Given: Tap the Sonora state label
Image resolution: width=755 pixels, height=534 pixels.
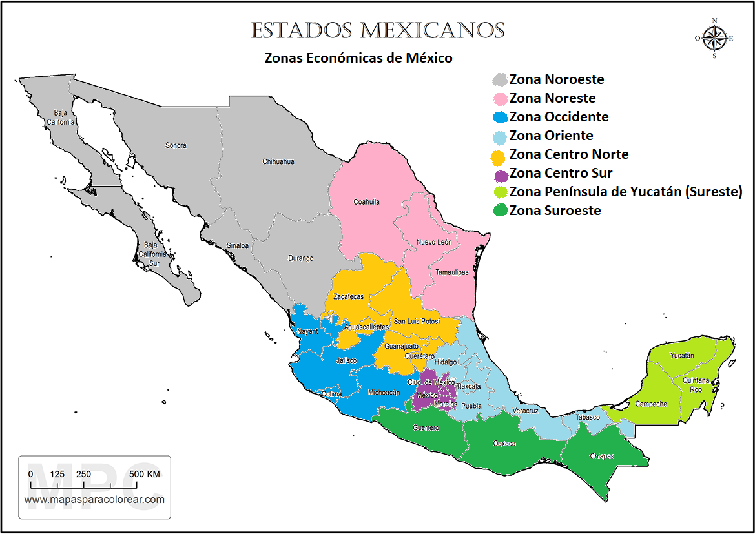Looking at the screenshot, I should tap(176, 145).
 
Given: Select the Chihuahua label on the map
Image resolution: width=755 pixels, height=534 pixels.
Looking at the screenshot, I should tap(278, 161).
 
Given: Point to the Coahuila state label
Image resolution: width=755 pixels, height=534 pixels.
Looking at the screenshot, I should tap(366, 202).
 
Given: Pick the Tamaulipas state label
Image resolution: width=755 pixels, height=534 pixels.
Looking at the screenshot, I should tap(451, 272).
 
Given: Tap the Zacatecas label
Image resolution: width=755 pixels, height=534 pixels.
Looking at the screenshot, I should tap(348, 297).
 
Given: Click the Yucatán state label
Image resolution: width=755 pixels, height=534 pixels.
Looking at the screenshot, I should tap(681, 356).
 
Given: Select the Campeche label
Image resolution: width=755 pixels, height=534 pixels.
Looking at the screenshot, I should tap(650, 404).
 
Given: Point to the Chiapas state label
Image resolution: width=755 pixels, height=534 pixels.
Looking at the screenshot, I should tap(601, 457).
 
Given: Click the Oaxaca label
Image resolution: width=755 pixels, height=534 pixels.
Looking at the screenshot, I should tap(504, 444).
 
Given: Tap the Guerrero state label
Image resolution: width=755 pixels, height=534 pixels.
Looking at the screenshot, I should tap(426, 427).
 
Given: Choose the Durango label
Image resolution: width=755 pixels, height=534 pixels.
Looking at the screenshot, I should tap(300, 258).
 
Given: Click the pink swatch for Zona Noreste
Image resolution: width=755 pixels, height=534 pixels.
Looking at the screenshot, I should tap(499, 99).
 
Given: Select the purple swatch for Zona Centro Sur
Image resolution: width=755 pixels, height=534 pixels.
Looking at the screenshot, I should tap(500, 174).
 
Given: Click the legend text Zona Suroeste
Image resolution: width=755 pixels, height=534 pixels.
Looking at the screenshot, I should tap(555, 211).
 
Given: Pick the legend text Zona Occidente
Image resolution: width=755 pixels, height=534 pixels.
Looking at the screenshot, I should tap(559, 117).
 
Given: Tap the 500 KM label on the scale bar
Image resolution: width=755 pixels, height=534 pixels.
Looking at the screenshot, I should tap(145, 475).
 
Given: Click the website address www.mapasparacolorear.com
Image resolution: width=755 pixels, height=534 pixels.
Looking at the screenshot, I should tap(94, 499).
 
